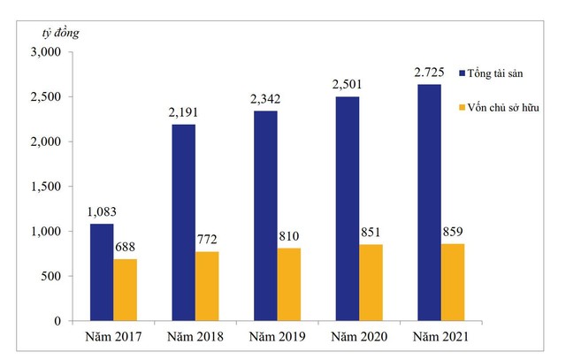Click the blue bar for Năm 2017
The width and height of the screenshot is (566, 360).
101,272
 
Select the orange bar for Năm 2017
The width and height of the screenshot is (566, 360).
125,290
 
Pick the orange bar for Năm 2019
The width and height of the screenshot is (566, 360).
289,285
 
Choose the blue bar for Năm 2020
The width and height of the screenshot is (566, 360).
347,209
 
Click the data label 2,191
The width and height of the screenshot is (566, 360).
184,113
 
